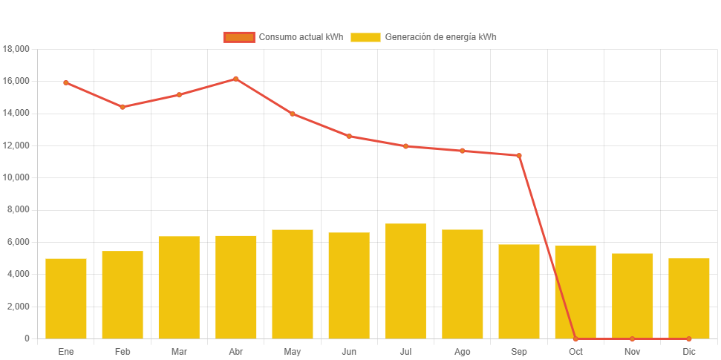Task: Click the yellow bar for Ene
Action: [66, 298]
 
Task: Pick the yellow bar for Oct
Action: [575, 292]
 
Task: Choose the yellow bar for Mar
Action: [179, 287]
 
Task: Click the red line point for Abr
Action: [236, 79]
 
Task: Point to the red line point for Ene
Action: [66, 83]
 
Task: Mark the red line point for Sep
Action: [519, 155]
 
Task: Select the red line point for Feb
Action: [123, 107]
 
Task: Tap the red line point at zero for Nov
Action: [632, 338]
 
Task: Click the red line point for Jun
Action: [349, 136]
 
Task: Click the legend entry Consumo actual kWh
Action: [283, 37]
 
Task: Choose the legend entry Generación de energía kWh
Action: [423, 37]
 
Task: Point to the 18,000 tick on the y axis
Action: [16, 49]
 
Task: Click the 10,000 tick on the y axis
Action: [16, 177]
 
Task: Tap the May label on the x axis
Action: [293, 352]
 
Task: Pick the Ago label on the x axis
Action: [462, 352]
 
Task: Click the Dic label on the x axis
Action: [689, 352]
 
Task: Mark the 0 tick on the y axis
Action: [27, 338]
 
